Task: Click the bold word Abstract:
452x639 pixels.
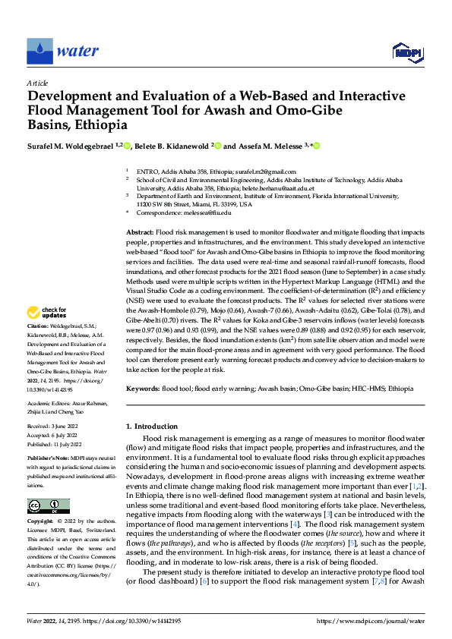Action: pos(140,231)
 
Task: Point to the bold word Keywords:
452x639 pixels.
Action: pos(142,389)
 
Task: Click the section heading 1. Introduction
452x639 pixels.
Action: pos(154,427)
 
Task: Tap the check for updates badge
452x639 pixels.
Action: pos(47,313)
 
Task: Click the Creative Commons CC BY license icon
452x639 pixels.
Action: pos(48,506)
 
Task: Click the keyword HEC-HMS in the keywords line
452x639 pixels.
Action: pos(366,389)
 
